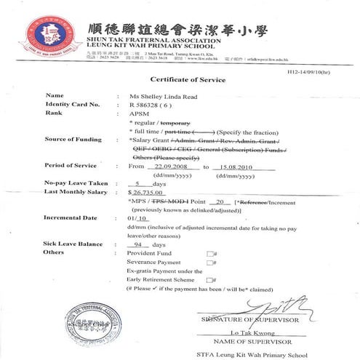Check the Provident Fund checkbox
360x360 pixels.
click(209, 253)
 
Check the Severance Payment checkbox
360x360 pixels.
click(209, 263)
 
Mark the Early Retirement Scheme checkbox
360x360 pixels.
click(209, 279)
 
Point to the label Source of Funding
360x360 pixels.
click(71, 139)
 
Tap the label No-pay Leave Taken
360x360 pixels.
click(71, 183)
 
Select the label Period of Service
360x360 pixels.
click(69, 166)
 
